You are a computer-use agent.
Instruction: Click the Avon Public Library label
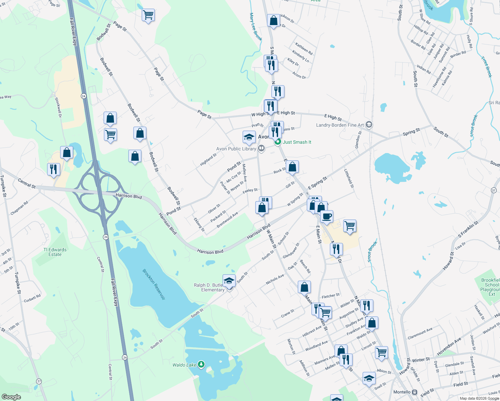236,149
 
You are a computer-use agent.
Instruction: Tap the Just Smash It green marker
277,142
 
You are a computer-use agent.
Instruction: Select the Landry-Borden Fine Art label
340,125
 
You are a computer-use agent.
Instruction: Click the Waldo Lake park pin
201,364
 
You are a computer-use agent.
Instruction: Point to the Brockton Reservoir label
154,284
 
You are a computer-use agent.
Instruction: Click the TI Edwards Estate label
55,252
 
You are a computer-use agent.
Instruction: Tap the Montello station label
402,392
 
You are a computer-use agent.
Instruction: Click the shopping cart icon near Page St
148,15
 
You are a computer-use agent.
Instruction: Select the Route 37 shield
494,190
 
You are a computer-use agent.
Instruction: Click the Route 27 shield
39,381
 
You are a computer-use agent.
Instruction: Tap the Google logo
11,397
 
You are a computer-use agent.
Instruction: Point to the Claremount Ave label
420,333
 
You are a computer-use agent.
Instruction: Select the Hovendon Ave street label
449,347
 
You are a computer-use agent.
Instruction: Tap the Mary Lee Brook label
256,27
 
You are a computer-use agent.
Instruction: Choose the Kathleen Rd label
304,49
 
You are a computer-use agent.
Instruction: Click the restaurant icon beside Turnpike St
53,169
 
